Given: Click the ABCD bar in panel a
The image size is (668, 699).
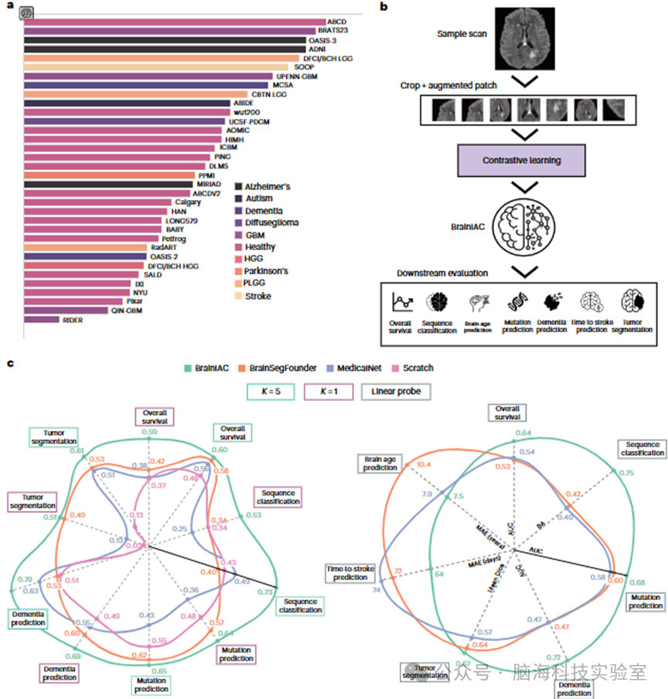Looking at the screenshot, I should pyautogui.click(x=174, y=22).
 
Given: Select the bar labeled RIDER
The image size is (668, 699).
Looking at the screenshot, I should pyautogui.click(x=42, y=319).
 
